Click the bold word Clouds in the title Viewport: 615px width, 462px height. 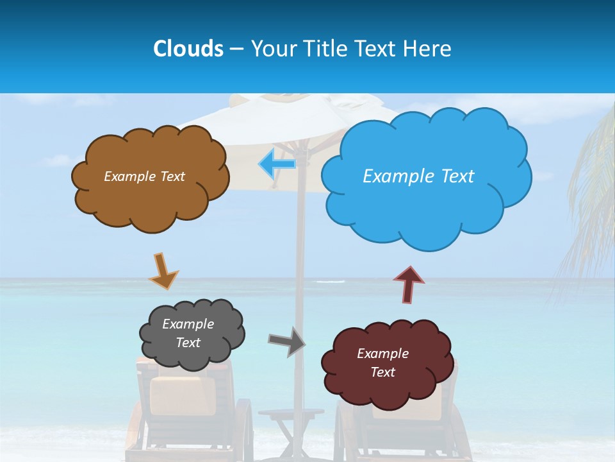point(188,49)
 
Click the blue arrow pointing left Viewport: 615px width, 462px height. point(277,164)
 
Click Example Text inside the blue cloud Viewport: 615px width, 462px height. point(418,176)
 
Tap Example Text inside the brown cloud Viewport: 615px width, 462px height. point(144,176)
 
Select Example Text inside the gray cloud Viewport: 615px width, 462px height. point(188,333)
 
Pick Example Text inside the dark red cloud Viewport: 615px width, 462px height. point(382,363)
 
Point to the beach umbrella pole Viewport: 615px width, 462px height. point(299,257)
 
